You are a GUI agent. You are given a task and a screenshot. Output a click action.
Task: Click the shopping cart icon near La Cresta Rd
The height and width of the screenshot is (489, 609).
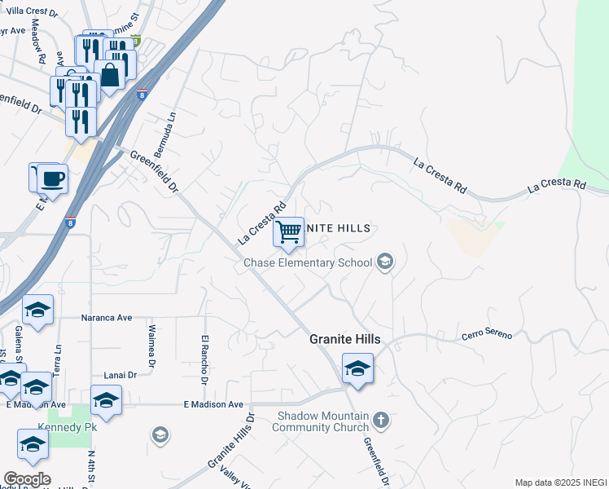[x=289, y=232]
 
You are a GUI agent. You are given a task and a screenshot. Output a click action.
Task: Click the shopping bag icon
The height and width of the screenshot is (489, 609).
[x=110, y=76]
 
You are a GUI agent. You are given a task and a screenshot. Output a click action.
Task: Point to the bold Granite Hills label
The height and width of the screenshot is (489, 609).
[x=345, y=340]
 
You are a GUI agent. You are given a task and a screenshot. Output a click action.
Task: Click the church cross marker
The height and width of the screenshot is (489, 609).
[x=380, y=421]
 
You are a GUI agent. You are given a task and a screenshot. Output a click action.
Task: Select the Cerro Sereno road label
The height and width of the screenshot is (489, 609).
[x=487, y=335]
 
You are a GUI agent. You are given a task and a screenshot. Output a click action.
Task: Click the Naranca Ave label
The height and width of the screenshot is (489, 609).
[x=107, y=318]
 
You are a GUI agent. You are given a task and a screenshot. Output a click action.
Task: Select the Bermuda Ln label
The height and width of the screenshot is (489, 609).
[x=172, y=126]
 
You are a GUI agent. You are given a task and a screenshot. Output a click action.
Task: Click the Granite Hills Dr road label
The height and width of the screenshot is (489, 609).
[x=231, y=440]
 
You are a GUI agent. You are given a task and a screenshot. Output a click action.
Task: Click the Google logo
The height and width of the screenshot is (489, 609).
[x=27, y=479]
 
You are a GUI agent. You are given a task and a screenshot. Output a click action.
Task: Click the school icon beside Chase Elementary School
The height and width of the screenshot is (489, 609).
[x=386, y=262]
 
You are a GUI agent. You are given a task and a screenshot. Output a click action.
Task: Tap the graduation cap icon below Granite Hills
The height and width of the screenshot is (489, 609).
[x=357, y=368]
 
